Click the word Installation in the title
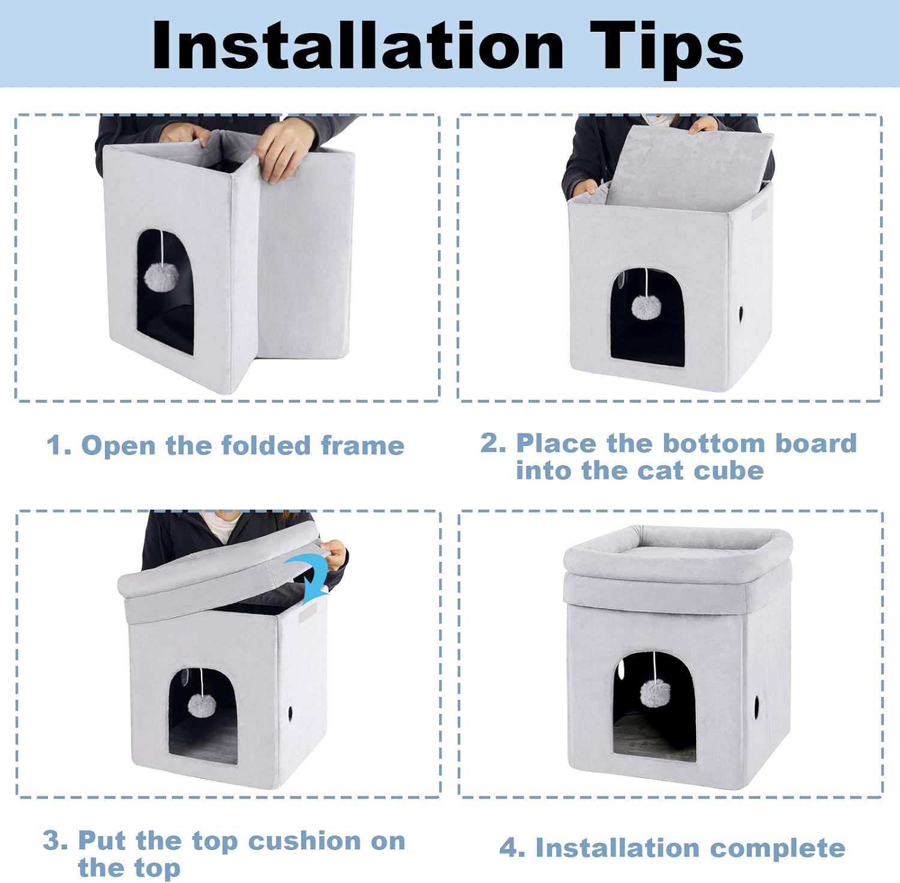point(358,46)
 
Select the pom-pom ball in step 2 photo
point(646,307)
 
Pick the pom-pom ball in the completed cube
point(655,693)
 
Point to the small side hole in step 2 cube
point(742,313)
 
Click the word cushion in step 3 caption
point(305,841)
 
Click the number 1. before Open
point(59,446)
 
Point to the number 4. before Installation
point(512,848)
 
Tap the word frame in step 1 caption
point(362,446)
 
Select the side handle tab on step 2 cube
point(759,210)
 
